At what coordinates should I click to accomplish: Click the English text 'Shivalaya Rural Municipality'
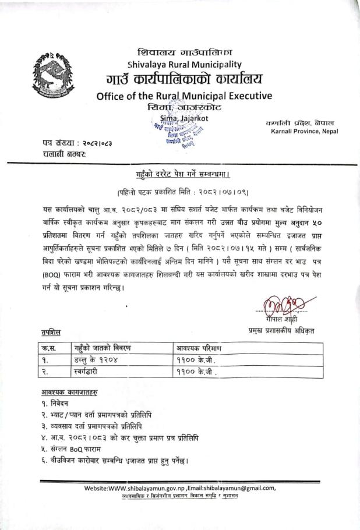click(183, 64)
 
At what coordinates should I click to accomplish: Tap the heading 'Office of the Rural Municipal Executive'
click(184, 96)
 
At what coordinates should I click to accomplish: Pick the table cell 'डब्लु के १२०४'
click(96, 360)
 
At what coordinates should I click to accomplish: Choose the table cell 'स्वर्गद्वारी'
click(91, 372)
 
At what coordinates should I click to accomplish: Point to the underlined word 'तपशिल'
click(51, 332)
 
